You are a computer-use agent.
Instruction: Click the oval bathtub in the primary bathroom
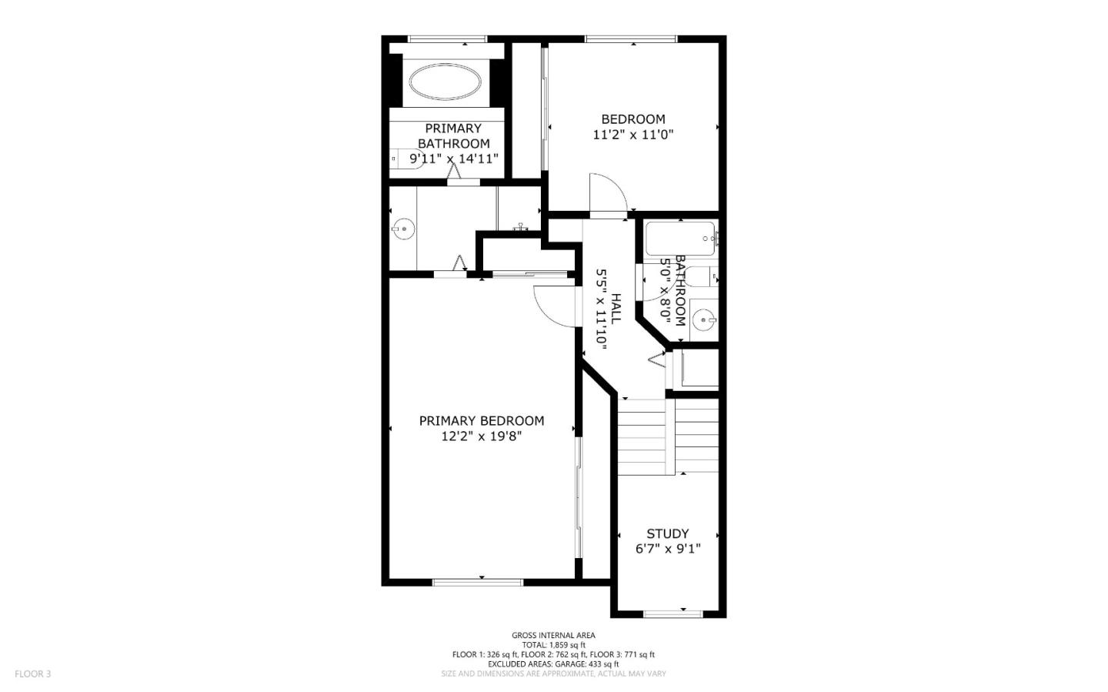coord(446,81)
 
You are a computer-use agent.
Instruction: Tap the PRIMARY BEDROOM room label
coord(481,421)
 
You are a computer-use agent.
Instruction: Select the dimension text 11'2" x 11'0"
coord(632,135)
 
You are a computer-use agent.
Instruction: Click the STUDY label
coord(667,533)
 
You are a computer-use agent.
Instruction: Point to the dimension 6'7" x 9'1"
coord(667,549)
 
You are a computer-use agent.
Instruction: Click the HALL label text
coord(616,308)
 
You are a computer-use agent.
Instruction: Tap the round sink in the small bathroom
coord(703,319)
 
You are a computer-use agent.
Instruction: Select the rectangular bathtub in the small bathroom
coord(679,239)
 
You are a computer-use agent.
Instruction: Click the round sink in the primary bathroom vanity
coord(402,228)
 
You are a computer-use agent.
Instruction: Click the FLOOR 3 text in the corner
coord(32,674)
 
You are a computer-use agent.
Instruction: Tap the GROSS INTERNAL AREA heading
coord(553,635)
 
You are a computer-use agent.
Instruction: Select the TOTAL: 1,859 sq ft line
coord(553,645)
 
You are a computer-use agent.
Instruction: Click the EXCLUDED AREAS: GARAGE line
coord(553,664)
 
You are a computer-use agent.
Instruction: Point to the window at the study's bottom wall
coord(672,613)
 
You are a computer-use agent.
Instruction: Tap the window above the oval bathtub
coord(446,38)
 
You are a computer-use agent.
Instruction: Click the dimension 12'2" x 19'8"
coord(481,436)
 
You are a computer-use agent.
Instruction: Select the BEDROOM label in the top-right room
coord(632,119)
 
